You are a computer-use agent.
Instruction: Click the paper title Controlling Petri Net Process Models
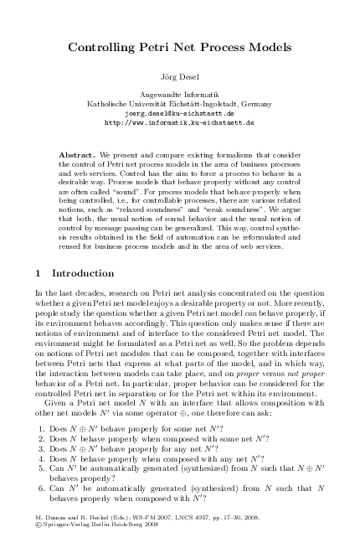179,49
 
